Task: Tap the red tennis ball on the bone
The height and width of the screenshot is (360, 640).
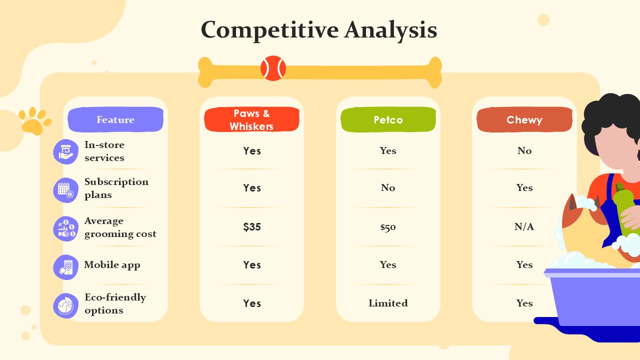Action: coord(273,68)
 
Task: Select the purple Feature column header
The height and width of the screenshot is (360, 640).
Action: coord(115,119)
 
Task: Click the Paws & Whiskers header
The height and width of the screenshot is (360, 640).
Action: coord(251,119)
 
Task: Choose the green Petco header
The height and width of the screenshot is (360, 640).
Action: coord(388,119)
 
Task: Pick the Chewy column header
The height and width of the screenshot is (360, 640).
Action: coord(524,119)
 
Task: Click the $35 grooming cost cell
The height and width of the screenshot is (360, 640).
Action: coord(252,227)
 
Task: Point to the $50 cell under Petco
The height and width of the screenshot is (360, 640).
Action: coord(388,227)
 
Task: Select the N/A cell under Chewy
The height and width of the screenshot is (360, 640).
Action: coord(524,226)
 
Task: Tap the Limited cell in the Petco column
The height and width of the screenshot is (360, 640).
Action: coord(388,303)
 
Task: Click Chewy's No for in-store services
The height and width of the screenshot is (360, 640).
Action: coord(524,150)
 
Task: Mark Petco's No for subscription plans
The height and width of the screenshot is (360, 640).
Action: coord(388,187)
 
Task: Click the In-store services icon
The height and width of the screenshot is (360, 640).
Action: coord(65,151)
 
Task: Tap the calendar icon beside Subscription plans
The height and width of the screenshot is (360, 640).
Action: coord(65,190)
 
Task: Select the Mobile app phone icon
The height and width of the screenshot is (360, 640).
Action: coord(65,267)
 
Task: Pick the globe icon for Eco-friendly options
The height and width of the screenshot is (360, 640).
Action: coord(65,305)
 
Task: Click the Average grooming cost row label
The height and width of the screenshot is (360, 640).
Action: coord(120,227)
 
